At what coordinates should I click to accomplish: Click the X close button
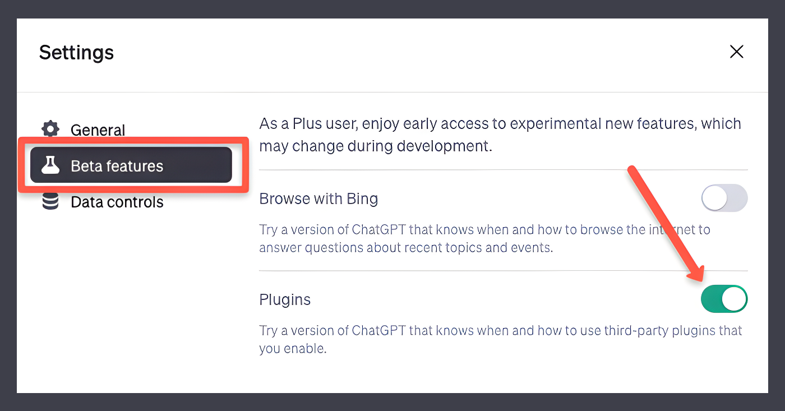click(737, 52)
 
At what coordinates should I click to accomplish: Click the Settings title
click(76, 53)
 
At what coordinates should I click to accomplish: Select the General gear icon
click(50, 129)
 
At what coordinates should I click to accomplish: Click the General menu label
click(98, 130)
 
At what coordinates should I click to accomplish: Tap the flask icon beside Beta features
click(50, 165)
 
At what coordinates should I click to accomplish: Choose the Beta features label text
click(117, 166)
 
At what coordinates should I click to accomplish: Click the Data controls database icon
click(50, 201)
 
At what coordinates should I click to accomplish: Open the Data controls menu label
click(117, 202)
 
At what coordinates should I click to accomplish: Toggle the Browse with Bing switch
click(724, 197)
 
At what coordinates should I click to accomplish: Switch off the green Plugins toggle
click(724, 298)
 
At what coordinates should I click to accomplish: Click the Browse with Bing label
click(318, 198)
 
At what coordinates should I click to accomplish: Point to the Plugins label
click(285, 300)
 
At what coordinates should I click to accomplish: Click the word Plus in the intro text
click(307, 124)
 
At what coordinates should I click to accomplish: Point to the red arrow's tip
click(702, 281)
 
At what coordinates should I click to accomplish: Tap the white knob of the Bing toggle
click(714, 197)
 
